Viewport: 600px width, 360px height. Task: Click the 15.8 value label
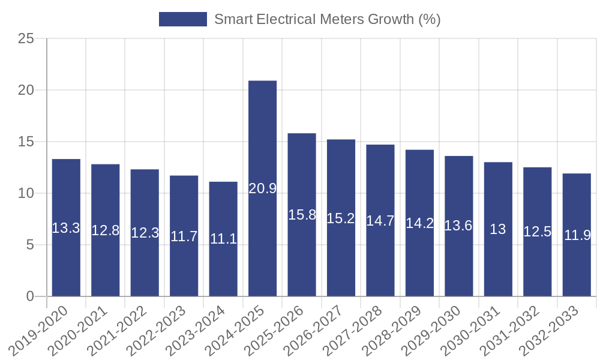click(x=302, y=215)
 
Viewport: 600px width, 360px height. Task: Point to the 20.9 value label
click(x=263, y=188)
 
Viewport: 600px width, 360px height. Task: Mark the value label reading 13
click(x=498, y=229)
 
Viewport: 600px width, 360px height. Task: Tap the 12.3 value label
click(x=145, y=233)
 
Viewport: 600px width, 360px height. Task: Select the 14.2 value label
click(x=420, y=223)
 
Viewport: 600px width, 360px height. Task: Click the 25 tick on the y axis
click(x=26, y=39)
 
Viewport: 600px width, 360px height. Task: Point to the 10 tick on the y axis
click(x=26, y=193)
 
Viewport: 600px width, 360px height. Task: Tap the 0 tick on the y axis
click(x=31, y=296)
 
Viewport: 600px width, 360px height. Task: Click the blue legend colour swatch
click(x=182, y=19)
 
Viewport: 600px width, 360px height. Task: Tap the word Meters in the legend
click(x=340, y=19)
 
